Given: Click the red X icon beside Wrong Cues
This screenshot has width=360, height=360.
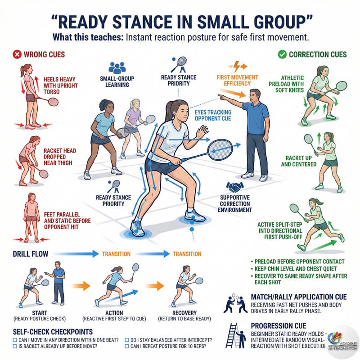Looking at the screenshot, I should click(x=17, y=54).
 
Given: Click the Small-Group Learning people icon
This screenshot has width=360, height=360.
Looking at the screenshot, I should click(x=117, y=68).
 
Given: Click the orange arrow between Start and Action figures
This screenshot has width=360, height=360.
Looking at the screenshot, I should click(x=79, y=285).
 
